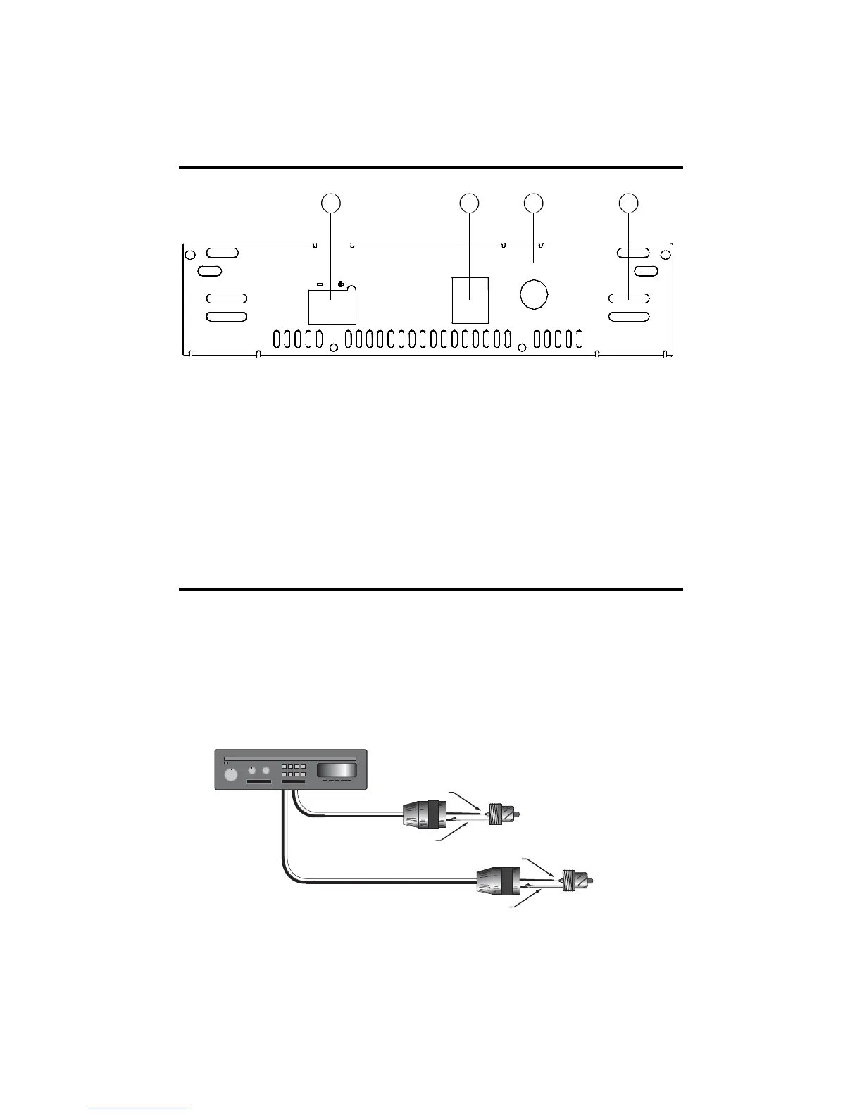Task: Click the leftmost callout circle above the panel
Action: click(x=330, y=203)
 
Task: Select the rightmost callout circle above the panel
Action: click(x=628, y=203)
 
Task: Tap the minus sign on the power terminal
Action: click(x=320, y=284)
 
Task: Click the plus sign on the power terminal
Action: click(x=341, y=284)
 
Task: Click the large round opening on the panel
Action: click(x=534, y=295)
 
